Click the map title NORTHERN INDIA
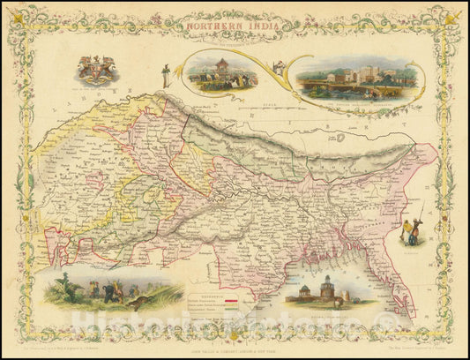pos(234,26)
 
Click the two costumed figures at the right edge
pos(411,231)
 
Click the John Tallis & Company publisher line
pos(235,343)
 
